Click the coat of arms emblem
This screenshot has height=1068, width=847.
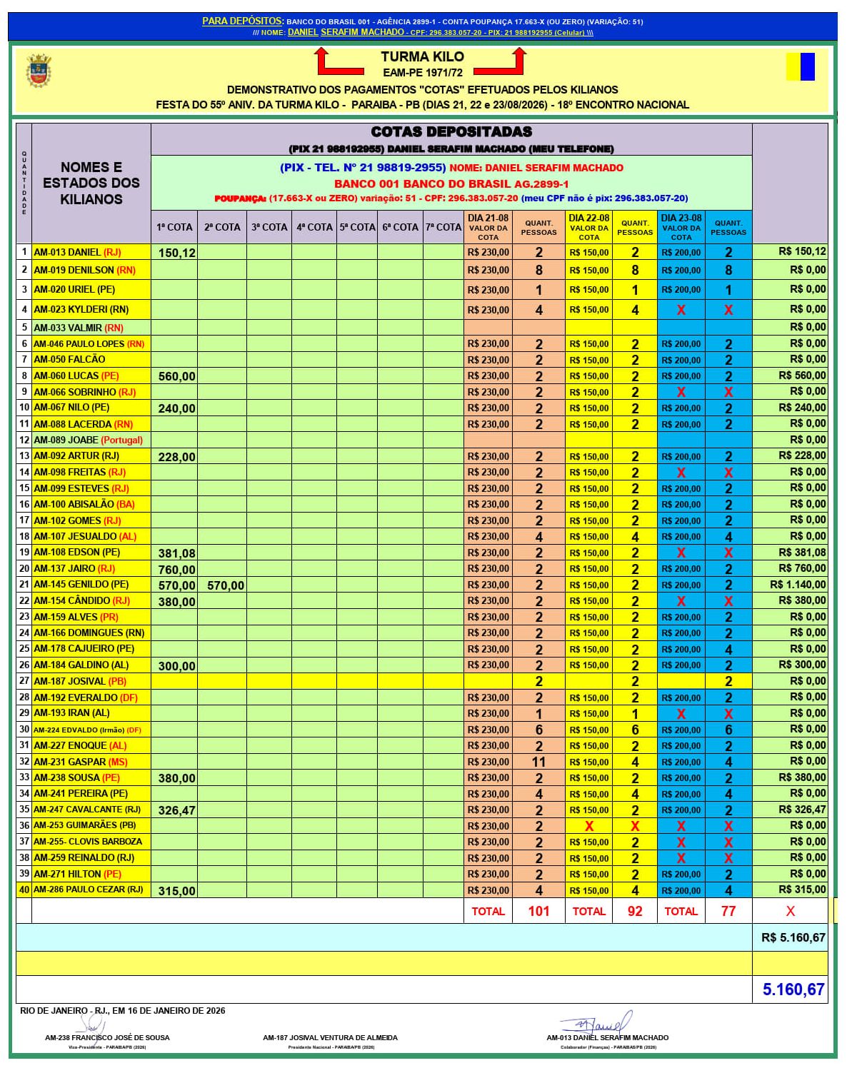tap(39, 71)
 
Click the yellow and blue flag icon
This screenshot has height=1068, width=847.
tap(800, 66)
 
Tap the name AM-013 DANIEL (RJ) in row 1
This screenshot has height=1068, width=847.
tap(77, 252)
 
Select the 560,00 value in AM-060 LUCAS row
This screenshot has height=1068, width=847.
tap(176, 376)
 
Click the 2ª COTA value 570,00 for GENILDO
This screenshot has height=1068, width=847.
tap(226, 585)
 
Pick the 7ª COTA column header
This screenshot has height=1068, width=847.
tap(443, 227)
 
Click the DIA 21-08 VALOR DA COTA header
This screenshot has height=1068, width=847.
tap(488, 227)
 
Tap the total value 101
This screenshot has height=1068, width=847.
tap(538, 911)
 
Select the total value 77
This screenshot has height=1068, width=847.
tap(728, 911)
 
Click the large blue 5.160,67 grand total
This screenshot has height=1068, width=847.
tap(793, 989)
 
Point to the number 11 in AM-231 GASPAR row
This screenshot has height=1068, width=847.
tap(538, 762)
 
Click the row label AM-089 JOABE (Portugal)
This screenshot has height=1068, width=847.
tap(89, 440)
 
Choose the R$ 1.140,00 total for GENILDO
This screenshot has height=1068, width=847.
tap(798, 585)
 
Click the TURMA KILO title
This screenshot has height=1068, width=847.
tap(422, 57)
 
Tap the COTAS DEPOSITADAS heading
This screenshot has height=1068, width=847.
tap(451, 131)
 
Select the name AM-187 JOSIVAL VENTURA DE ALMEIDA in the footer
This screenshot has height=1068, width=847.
tap(330, 1037)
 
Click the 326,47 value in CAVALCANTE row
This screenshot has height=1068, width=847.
tap(176, 810)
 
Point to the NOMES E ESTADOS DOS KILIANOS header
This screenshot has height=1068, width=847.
tap(91, 183)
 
